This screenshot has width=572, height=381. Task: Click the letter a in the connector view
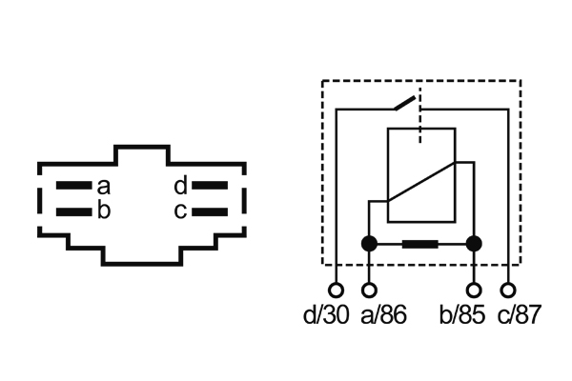pos(103,187)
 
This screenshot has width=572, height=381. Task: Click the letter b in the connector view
pos(103,211)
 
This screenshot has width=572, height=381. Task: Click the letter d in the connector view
pos(180,187)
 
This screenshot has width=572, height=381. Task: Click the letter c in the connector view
pos(180,211)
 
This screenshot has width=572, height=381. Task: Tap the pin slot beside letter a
pos(71,187)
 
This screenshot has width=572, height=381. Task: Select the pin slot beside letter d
pos(212,187)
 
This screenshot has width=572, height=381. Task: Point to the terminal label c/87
pos(519,315)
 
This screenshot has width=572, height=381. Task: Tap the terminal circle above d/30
pos(336,290)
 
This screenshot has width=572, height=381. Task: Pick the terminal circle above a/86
pos(370,290)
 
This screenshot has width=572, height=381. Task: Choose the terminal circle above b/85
pos(475,290)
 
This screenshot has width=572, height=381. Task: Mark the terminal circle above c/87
pos(509,290)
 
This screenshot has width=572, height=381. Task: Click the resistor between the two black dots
pos(421,244)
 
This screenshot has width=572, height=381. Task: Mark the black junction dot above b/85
pos(475,244)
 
